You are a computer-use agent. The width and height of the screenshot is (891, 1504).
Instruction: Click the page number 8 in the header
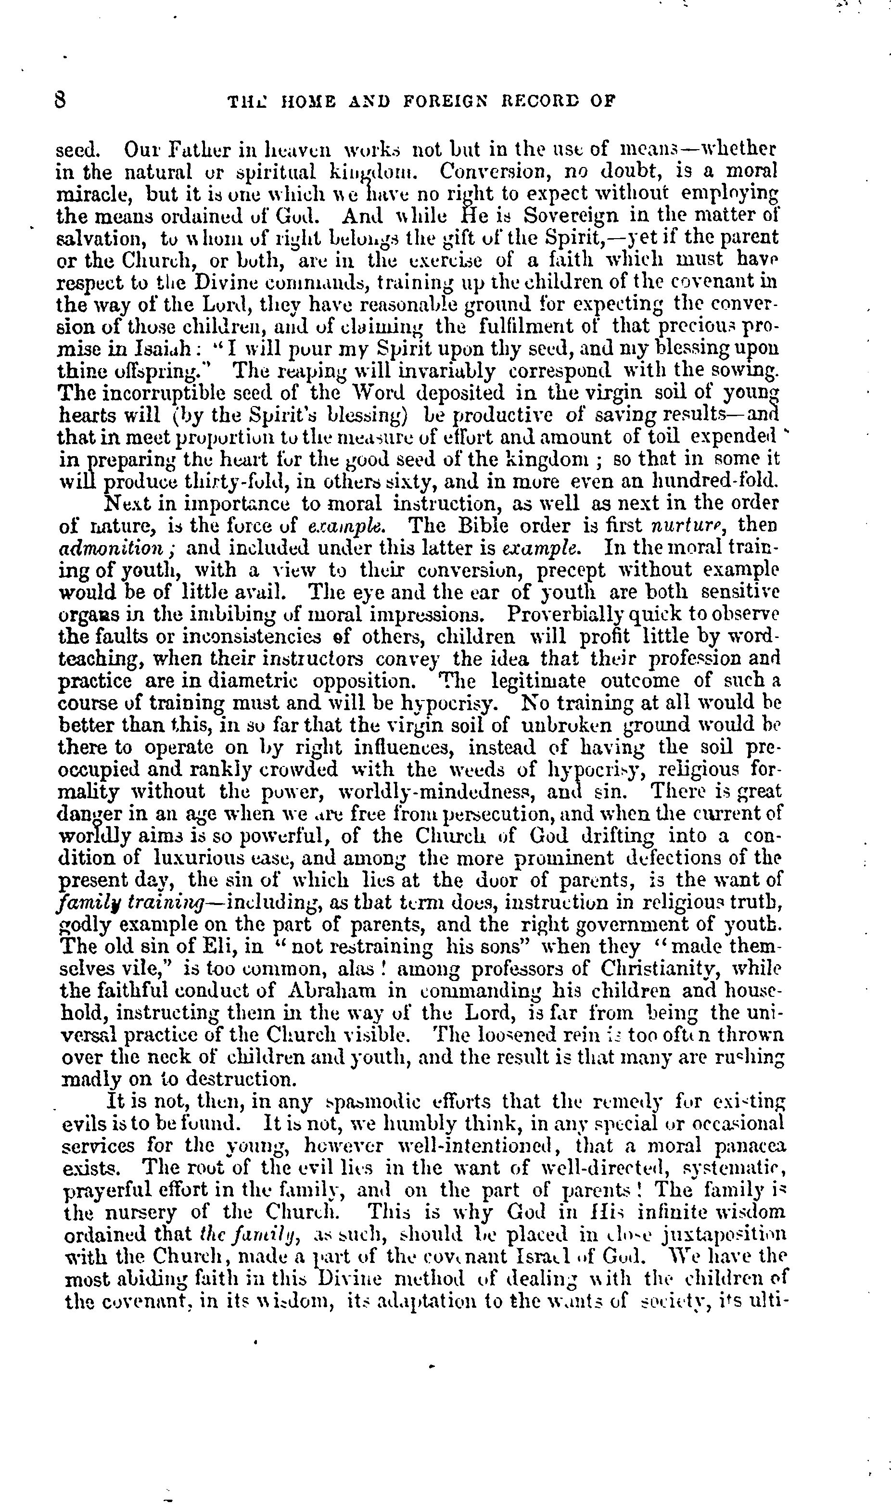60,100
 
